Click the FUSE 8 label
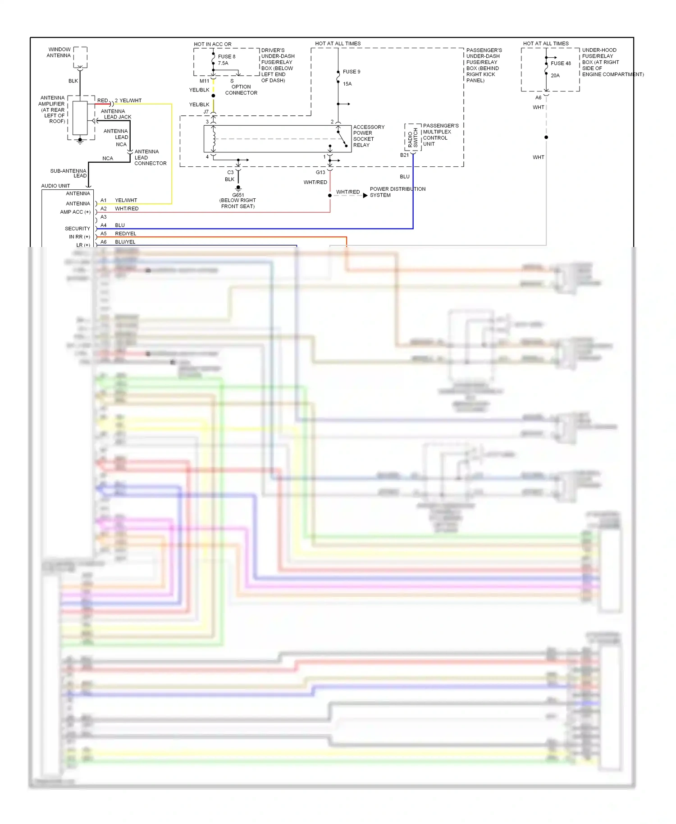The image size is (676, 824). [227, 56]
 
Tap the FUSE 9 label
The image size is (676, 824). [352, 72]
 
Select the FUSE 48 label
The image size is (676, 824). [561, 63]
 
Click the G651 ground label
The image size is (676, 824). [238, 195]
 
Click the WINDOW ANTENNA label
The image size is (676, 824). [59, 52]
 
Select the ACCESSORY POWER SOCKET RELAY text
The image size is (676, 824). [368, 136]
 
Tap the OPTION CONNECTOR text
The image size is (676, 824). [241, 90]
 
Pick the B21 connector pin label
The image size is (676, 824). [404, 155]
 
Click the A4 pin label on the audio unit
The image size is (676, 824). [104, 225]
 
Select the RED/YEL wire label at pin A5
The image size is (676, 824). [125, 233]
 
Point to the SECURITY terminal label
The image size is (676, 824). [77, 229]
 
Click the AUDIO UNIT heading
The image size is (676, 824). [55, 186]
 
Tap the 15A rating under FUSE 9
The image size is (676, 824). [347, 84]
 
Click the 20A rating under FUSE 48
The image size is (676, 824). [555, 75]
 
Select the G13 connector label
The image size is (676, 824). [320, 172]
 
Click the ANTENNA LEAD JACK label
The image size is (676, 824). [116, 114]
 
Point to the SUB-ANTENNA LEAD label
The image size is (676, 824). [69, 173]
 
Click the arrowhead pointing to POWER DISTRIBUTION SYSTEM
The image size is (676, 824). [365, 195]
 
